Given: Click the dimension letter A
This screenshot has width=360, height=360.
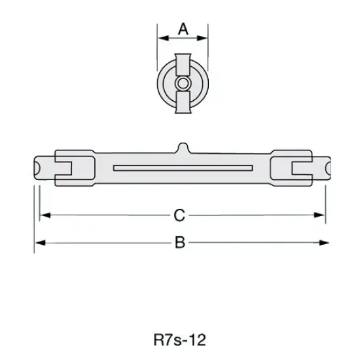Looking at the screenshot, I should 183,29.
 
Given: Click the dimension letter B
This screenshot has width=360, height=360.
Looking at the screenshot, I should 180,243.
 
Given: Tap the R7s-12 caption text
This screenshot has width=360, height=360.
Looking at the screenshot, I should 179,340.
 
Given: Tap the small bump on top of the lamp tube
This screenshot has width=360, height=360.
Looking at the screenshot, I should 183,147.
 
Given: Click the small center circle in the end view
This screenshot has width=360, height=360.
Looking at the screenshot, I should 183,83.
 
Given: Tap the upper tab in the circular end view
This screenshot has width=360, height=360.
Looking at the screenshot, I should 183,65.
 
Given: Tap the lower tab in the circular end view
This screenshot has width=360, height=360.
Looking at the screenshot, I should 183,102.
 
